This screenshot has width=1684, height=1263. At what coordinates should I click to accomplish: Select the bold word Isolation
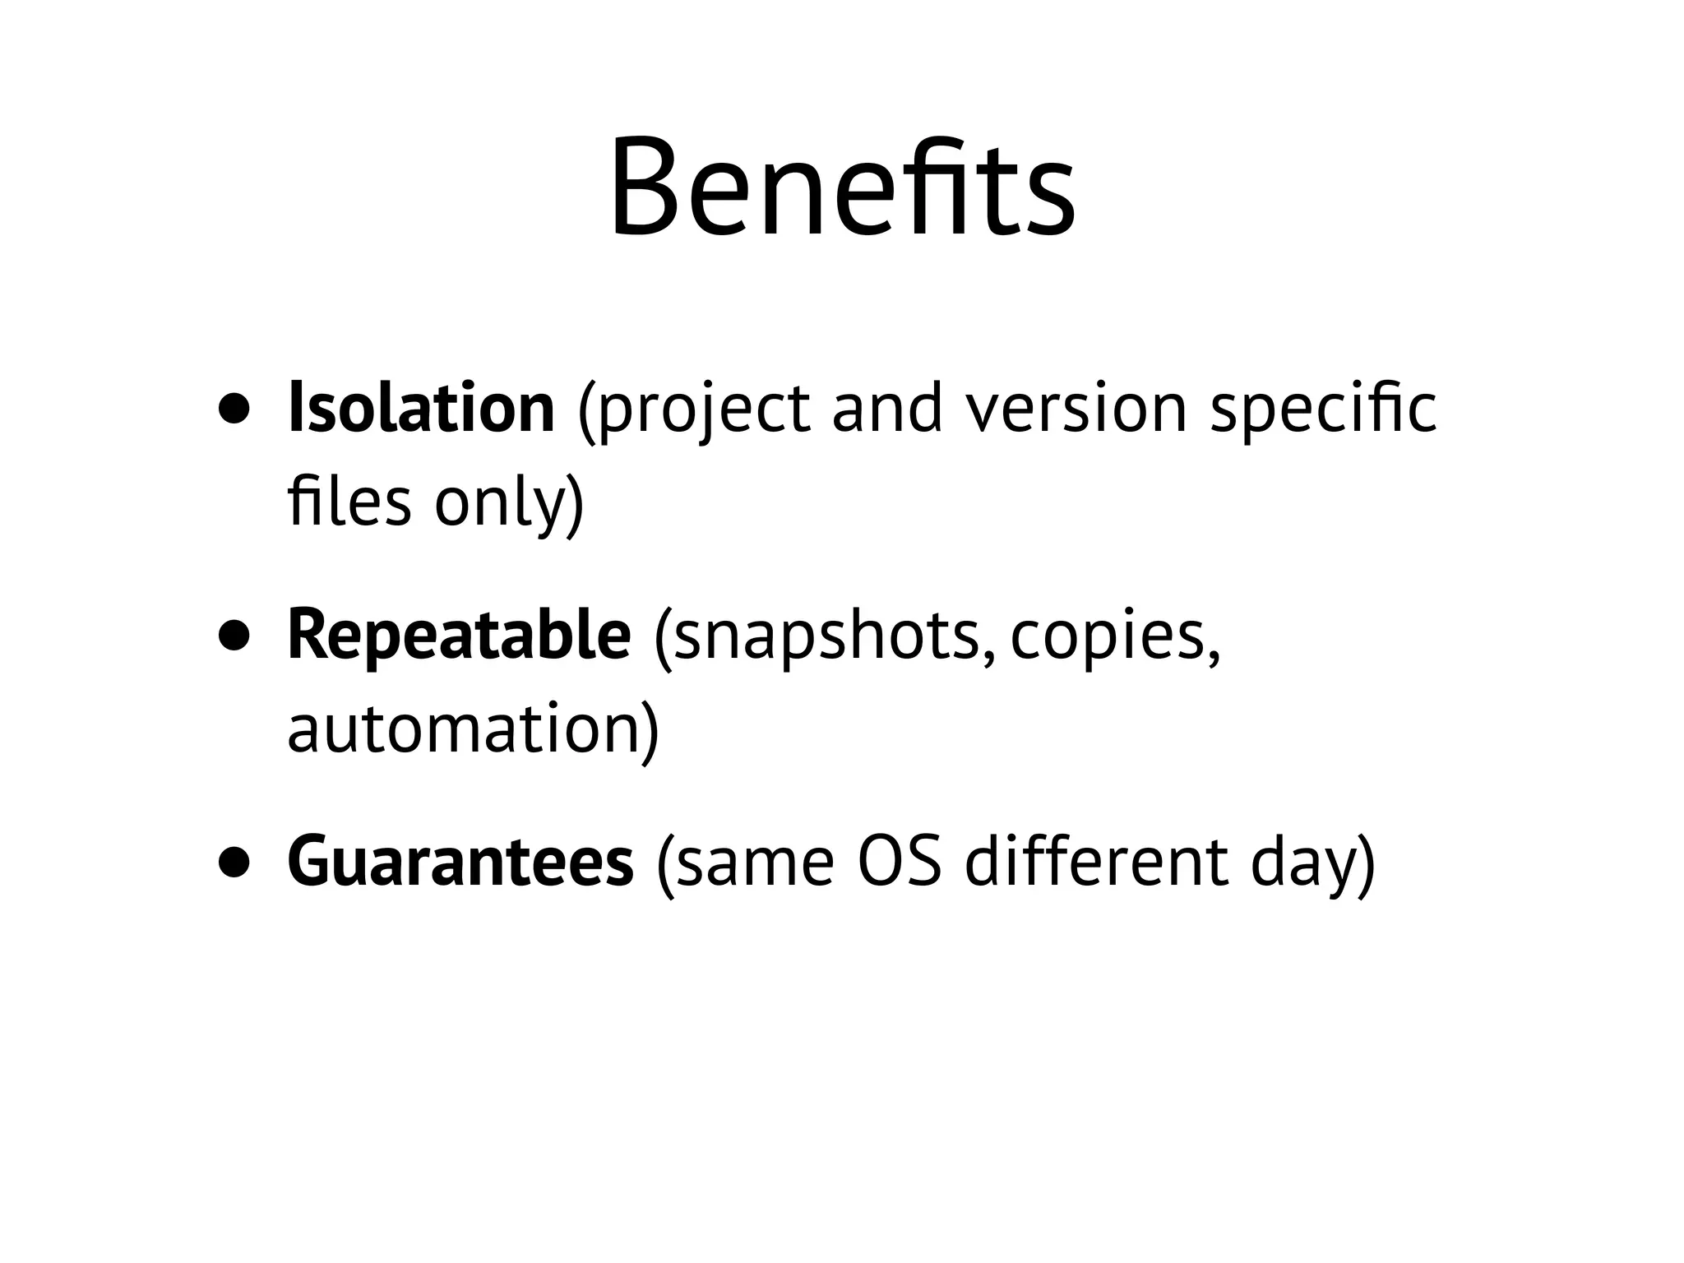pos(421,409)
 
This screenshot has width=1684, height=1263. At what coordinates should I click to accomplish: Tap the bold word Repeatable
pos(459,636)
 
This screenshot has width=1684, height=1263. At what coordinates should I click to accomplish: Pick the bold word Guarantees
pos(460,863)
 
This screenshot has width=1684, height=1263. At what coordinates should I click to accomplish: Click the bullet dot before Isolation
pos(234,410)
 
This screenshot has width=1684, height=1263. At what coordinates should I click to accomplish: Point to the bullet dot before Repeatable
pos(234,637)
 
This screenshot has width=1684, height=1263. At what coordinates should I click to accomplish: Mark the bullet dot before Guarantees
pos(234,864)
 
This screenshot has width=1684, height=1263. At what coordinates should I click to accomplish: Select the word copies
pos(1107,639)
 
